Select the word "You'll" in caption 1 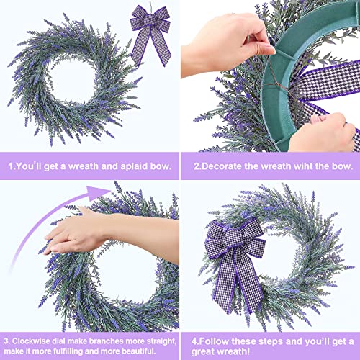click(35, 165)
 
